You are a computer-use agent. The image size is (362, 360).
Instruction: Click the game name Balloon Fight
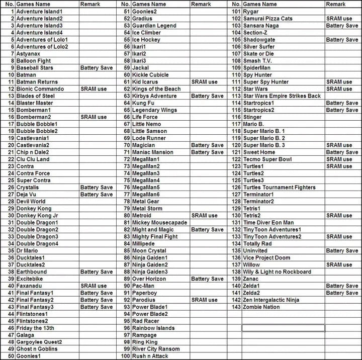[x=33, y=61]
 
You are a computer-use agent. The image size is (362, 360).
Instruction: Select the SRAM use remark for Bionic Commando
[x=94, y=89]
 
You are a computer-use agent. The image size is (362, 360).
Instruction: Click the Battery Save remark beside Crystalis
[x=97, y=188]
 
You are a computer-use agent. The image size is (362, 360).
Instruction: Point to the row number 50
[x=10, y=356]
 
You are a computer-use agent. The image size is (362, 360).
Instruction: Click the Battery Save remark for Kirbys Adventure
[x=207, y=96]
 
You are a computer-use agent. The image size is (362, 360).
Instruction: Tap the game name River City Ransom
[x=155, y=349]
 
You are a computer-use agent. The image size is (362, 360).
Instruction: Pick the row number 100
[x=125, y=356]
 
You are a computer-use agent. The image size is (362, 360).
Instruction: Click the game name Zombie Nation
[x=261, y=307]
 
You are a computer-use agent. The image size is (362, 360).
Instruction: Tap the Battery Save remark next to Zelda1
[x=342, y=286]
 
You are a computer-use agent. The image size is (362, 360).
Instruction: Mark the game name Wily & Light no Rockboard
[x=277, y=272]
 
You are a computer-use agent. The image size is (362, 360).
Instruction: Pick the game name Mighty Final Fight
[x=155, y=237]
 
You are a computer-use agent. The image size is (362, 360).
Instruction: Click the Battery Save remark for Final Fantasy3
[x=97, y=307]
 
